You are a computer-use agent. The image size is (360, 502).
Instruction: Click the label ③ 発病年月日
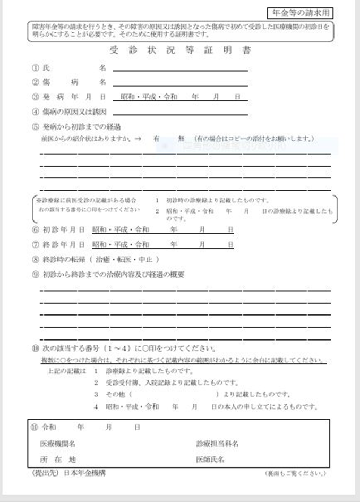(x=69, y=97)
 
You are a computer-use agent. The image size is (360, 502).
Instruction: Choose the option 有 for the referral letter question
(x=157, y=139)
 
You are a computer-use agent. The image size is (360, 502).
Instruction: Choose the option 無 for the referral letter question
(x=181, y=139)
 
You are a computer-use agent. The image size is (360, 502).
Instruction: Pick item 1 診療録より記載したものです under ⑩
(x=143, y=371)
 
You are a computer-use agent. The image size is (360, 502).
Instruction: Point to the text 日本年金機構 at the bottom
(x=84, y=472)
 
